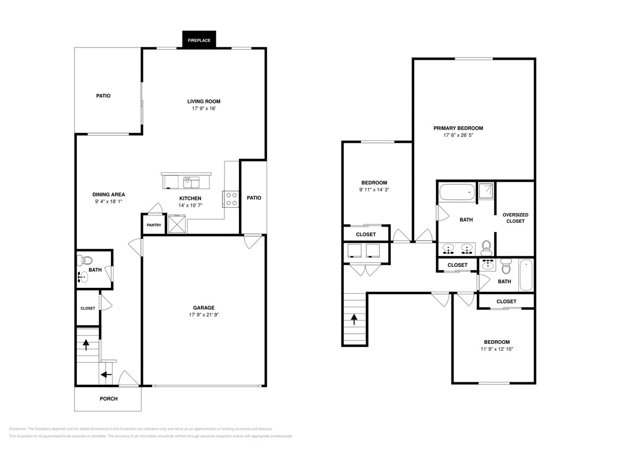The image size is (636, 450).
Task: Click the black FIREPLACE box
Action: [199, 40]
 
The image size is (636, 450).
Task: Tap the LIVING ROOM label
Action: [204, 101]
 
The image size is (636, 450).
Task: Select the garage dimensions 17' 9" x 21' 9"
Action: [204, 315]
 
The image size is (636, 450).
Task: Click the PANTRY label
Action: [154, 225]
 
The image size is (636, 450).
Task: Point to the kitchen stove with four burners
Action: [232, 199]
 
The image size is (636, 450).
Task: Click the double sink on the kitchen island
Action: [191, 183]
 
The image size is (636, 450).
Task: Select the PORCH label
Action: [109, 399]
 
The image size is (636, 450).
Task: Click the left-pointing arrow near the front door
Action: [106, 375]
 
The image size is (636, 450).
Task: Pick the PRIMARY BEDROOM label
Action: [458, 128]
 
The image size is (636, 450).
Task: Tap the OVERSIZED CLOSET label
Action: [516, 218]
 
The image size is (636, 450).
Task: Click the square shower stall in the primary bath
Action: [486, 191]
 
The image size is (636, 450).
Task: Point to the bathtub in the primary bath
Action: [456, 192]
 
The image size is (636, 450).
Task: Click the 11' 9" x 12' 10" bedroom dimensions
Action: [496, 349]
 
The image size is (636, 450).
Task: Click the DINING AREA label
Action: [109, 195]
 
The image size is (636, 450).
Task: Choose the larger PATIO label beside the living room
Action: [103, 96]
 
